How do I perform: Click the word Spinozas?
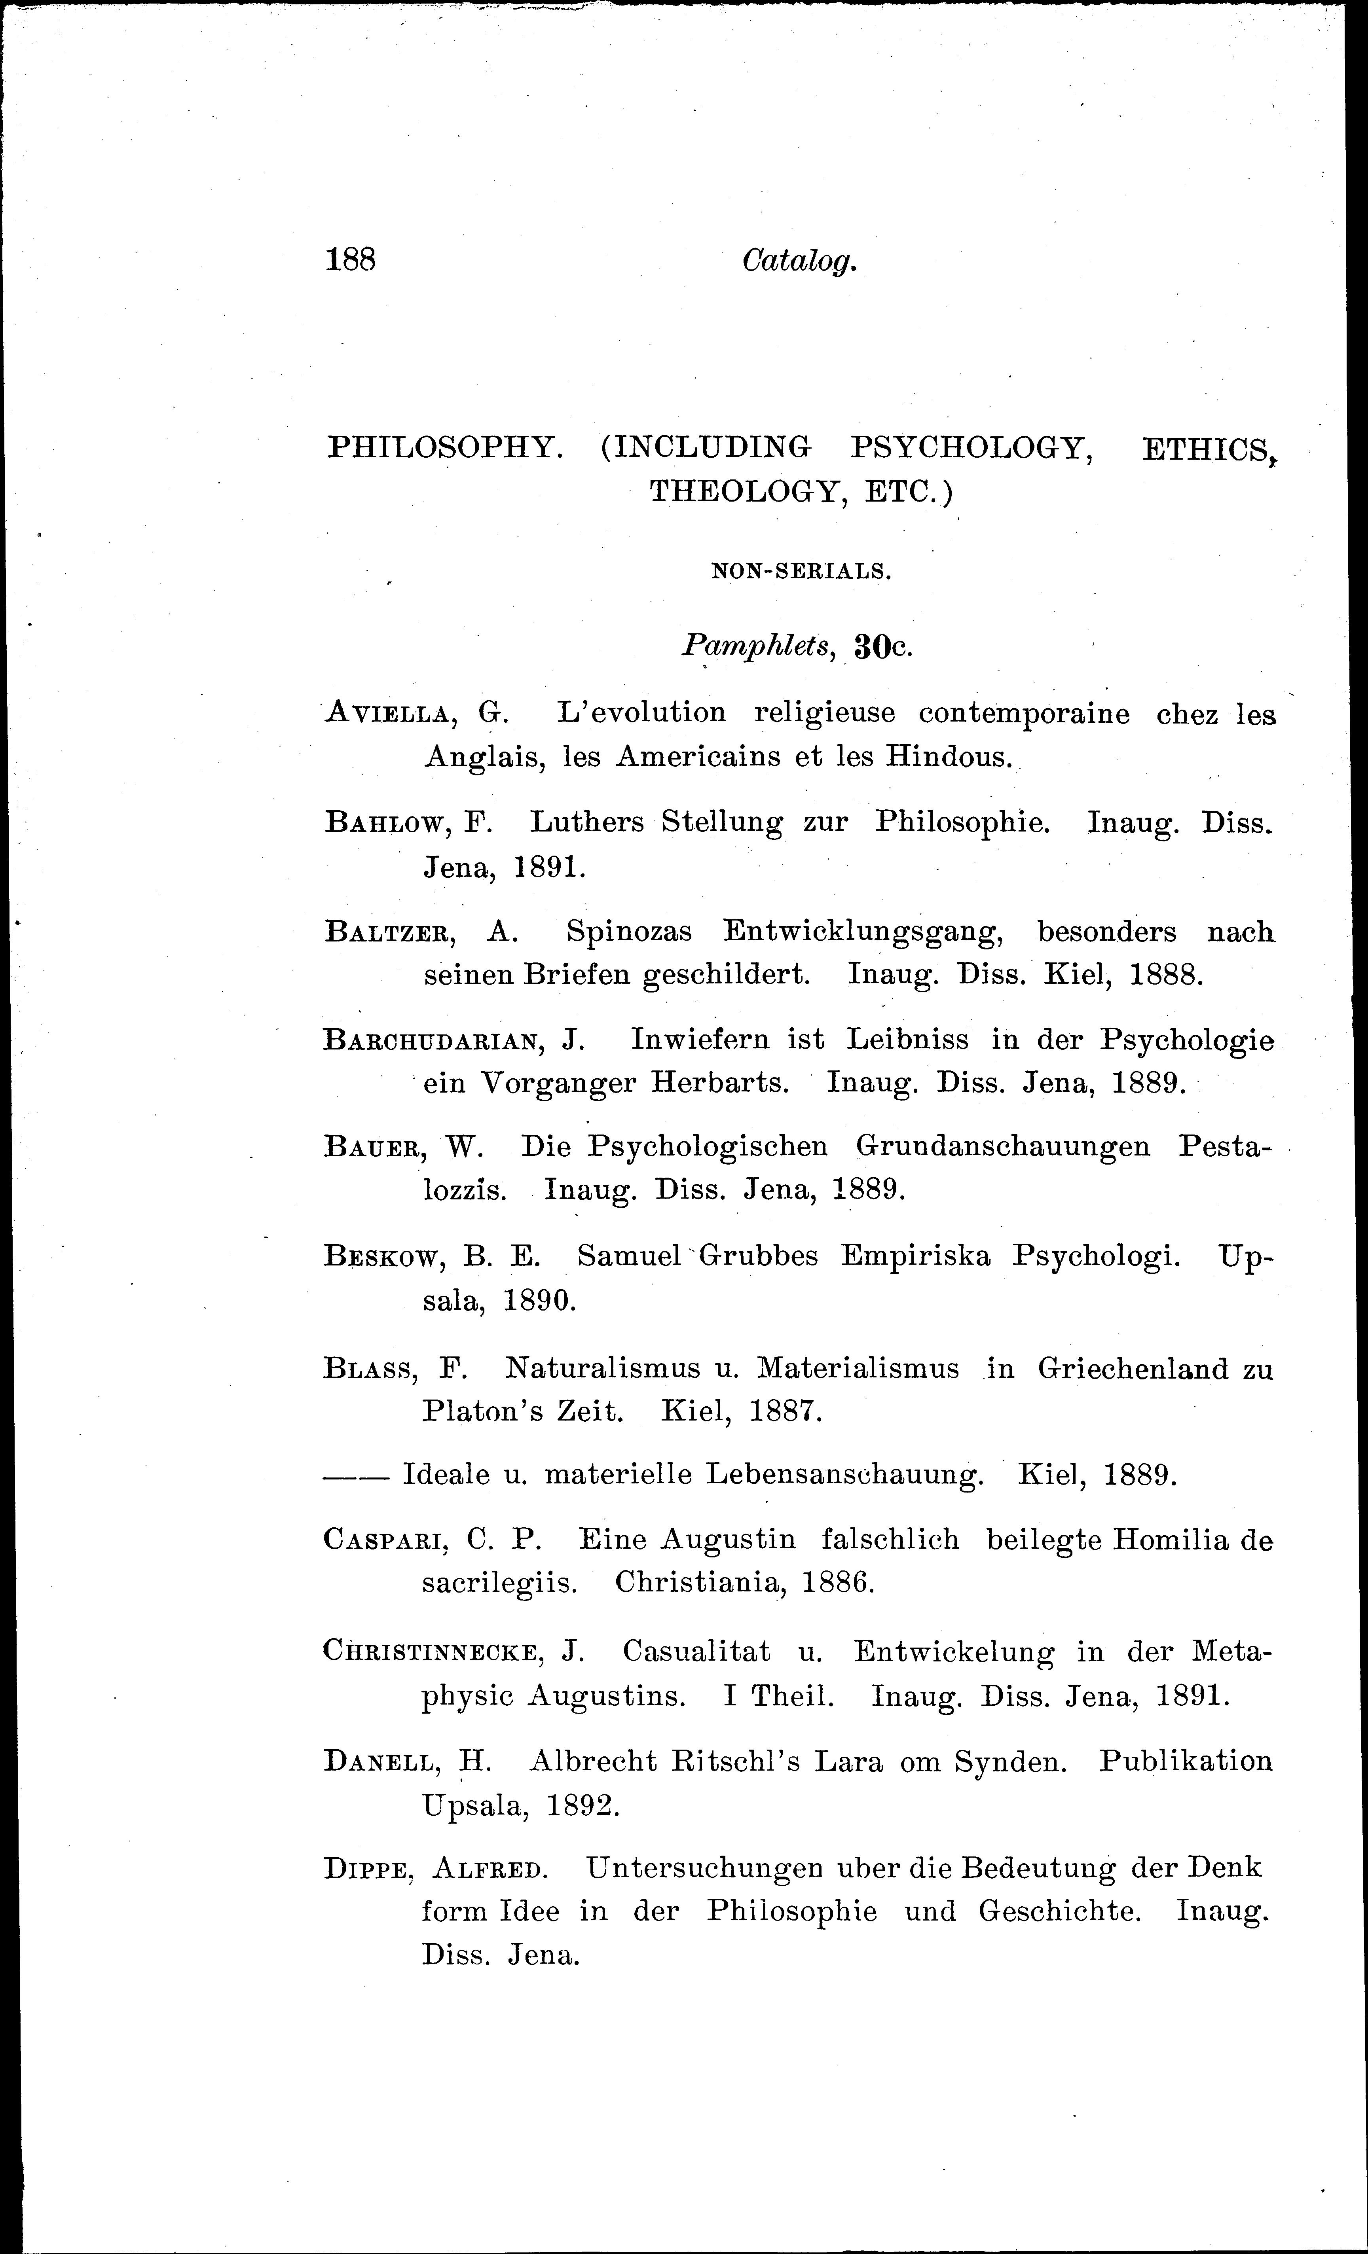(x=630, y=932)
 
